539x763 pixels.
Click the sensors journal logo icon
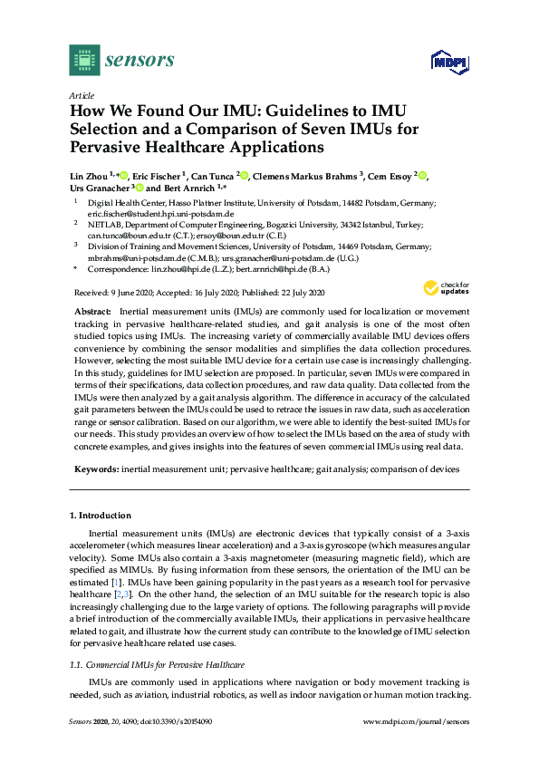[83, 61]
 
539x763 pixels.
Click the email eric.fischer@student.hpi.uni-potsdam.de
[155, 213]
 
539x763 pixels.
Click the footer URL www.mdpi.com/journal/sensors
[416, 748]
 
